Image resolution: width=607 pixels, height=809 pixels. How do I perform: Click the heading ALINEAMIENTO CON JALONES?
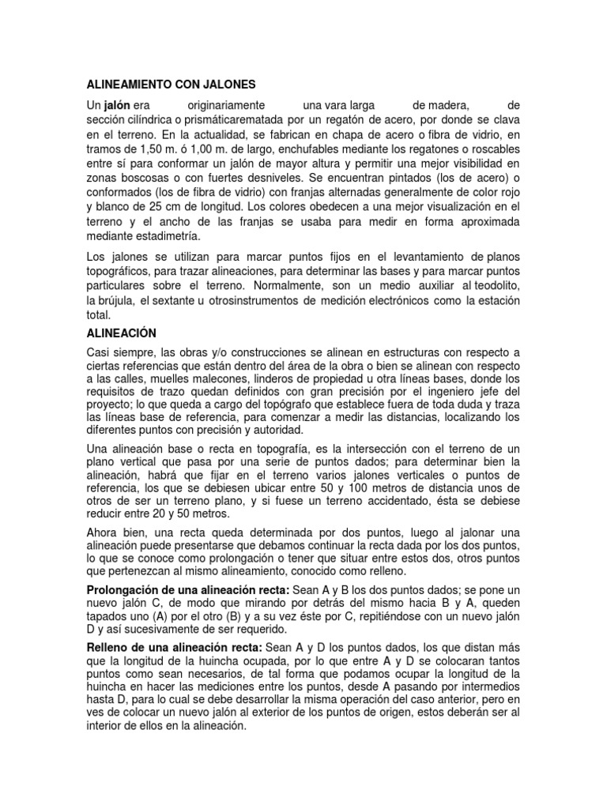point(171,83)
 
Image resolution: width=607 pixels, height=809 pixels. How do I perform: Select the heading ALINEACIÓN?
point(123,333)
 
